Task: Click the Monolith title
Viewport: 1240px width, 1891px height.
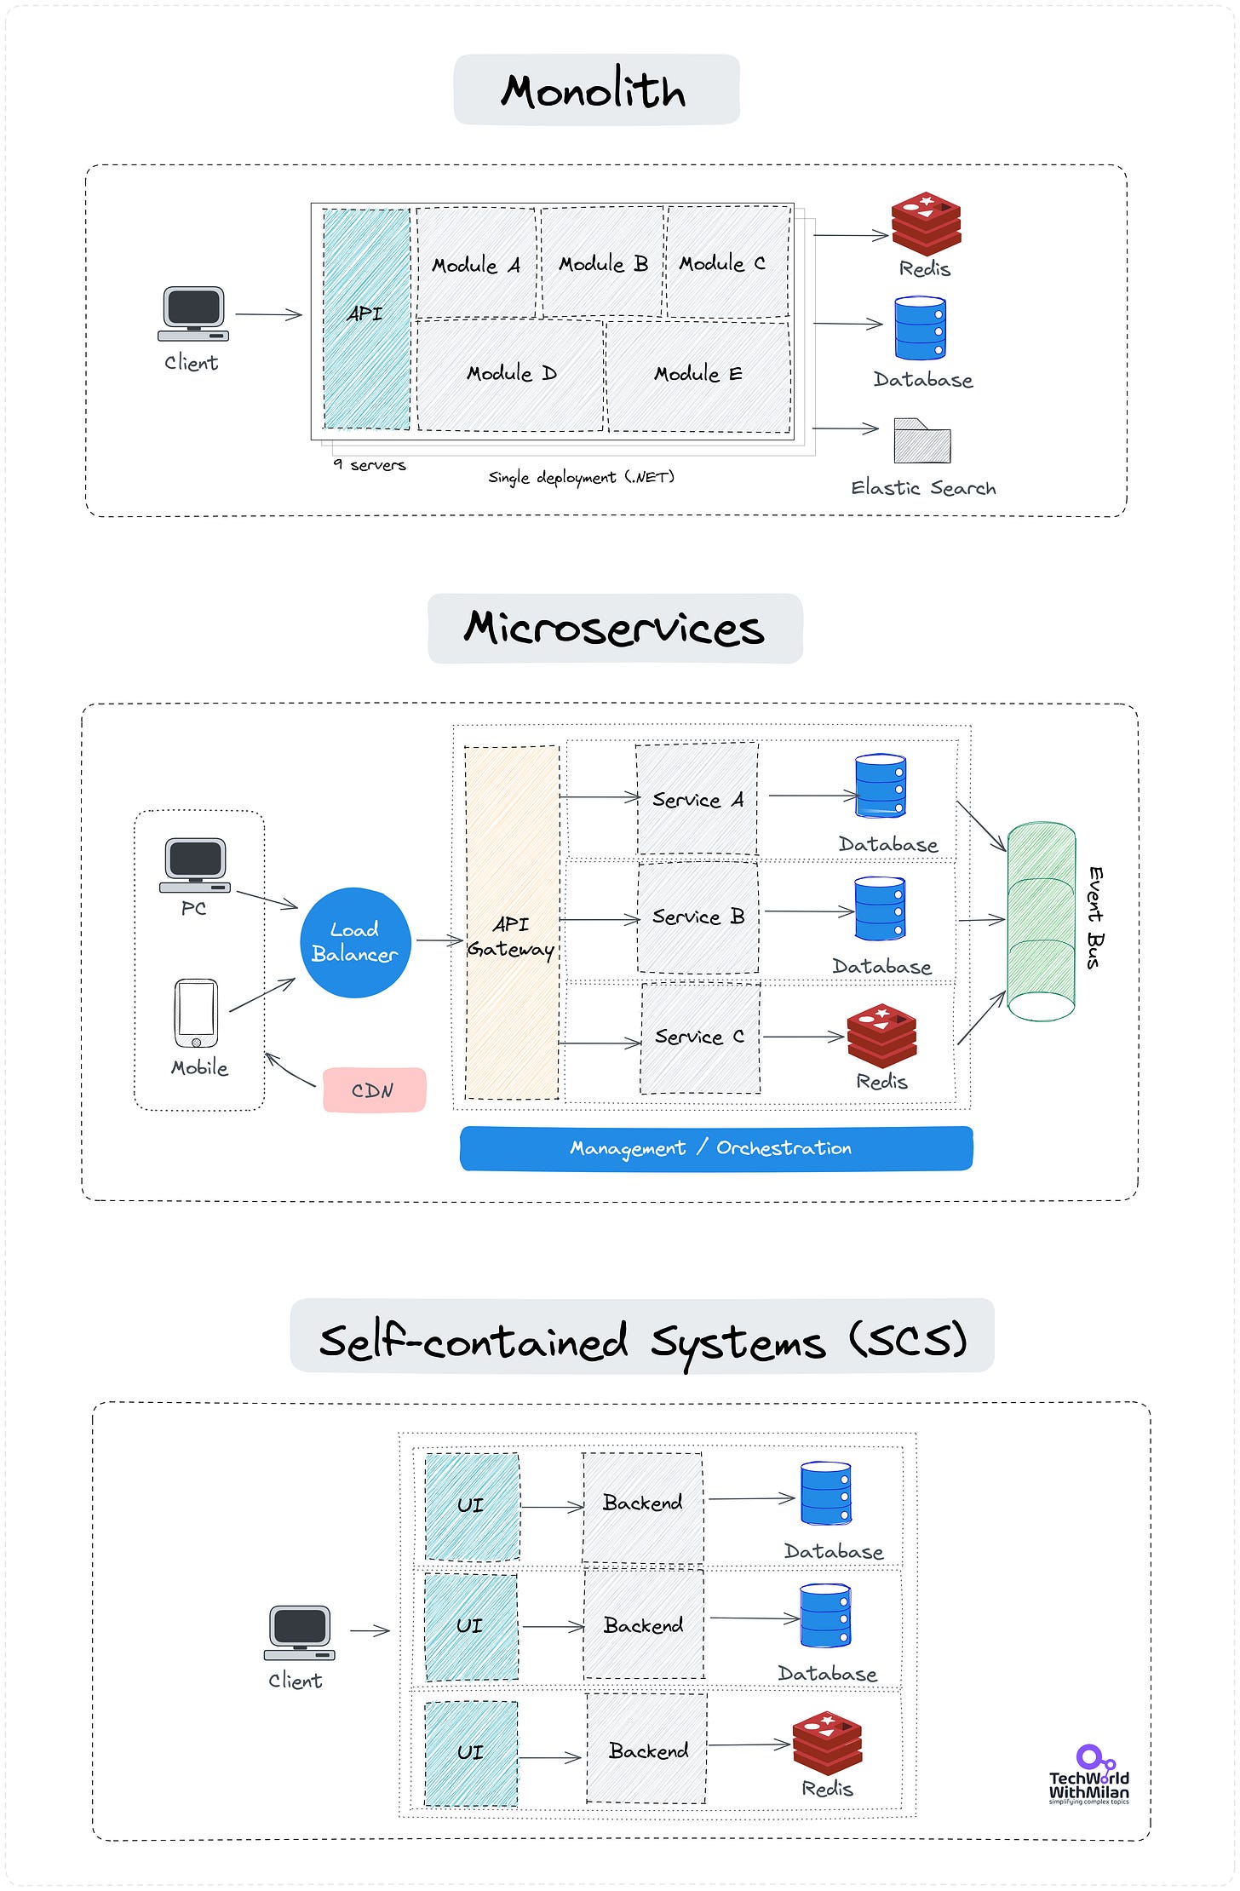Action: [595, 90]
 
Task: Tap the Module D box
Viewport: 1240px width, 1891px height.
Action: [510, 374]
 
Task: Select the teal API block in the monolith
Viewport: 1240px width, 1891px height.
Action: [366, 318]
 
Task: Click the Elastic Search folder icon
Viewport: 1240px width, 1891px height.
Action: [921, 441]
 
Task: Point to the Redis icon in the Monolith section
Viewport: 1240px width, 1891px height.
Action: [926, 224]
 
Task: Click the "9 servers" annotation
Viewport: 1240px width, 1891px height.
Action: [370, 465]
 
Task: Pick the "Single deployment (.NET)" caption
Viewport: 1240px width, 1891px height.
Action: [581, 477]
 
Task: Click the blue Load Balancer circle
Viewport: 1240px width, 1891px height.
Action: [355, 942]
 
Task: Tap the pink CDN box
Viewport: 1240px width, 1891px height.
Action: [374, 1090]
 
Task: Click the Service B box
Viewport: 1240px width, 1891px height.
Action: [697, 917]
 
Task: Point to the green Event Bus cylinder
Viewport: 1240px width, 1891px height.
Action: [1040, 921]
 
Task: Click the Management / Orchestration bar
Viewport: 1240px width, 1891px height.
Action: [715, 1148]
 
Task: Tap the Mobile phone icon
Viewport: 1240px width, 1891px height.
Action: [196, 1013]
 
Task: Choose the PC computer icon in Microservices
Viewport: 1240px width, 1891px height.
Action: [195, 865]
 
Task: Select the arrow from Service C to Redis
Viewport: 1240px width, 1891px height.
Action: [802, 1037]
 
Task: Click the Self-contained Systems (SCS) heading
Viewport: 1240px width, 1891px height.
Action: [642, 1340]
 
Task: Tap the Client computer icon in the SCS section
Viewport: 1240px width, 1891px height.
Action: [299, 1633]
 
